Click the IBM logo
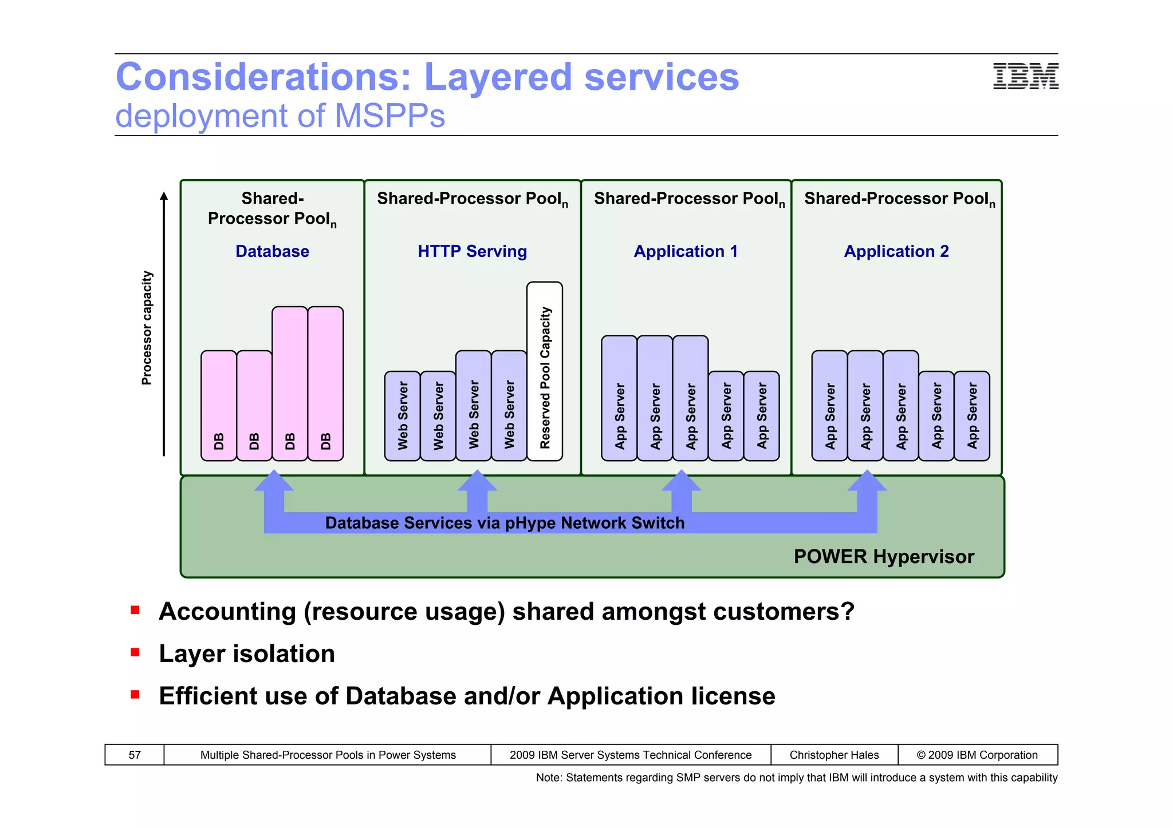coord(1025,76)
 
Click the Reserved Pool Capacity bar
coord(545,372)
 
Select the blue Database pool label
coord(272,251)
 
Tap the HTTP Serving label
coord(472,251)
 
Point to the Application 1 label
coord(686,251)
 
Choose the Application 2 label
coord(896,251)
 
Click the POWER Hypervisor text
coord(884,557)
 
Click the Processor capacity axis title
coord(147,328)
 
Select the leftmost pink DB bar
coord(219,406)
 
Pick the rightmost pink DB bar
coord(325,383)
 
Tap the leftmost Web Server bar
coord(403,416)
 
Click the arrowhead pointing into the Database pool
coord(274,482)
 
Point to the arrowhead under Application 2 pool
coord(867,482)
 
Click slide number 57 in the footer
coord(135,755)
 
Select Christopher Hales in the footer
coord(834,755)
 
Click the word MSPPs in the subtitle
coord(389,116)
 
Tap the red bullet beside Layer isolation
coord(135,652)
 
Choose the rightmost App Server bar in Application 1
coord(762,416)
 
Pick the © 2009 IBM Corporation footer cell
coord(977,755)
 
